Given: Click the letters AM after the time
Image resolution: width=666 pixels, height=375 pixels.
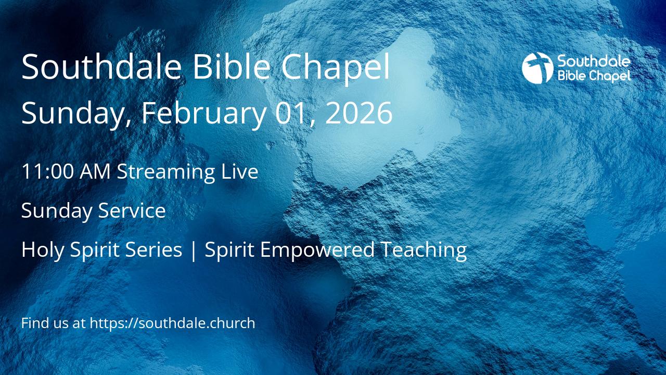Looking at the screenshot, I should click(95, 171).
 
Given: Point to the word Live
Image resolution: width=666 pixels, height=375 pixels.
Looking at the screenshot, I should click(240, 171).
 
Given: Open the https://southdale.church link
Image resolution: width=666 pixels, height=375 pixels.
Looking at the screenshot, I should click(172, 323).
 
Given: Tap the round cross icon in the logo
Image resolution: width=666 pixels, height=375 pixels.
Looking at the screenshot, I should click(537, 68).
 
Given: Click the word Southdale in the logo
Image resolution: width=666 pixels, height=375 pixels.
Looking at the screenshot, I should click(594, 62).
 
